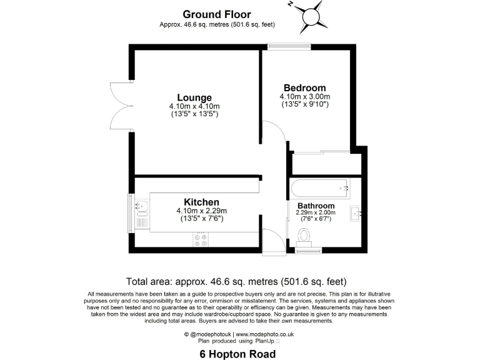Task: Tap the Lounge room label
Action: coord(194,97)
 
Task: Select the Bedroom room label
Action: coord(304,87)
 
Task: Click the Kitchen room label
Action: coord(201,202)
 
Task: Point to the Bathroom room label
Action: coord(316,206)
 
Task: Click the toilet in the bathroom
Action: coord(305,236)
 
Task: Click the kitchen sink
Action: coord(139,204)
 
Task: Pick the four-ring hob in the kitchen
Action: coord(202,240)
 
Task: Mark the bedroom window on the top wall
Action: coord(289,45)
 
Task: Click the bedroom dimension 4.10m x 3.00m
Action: coord(304,97)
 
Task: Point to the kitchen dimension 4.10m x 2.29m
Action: coord(201,211)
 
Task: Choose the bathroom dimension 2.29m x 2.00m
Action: coord(316,213)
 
